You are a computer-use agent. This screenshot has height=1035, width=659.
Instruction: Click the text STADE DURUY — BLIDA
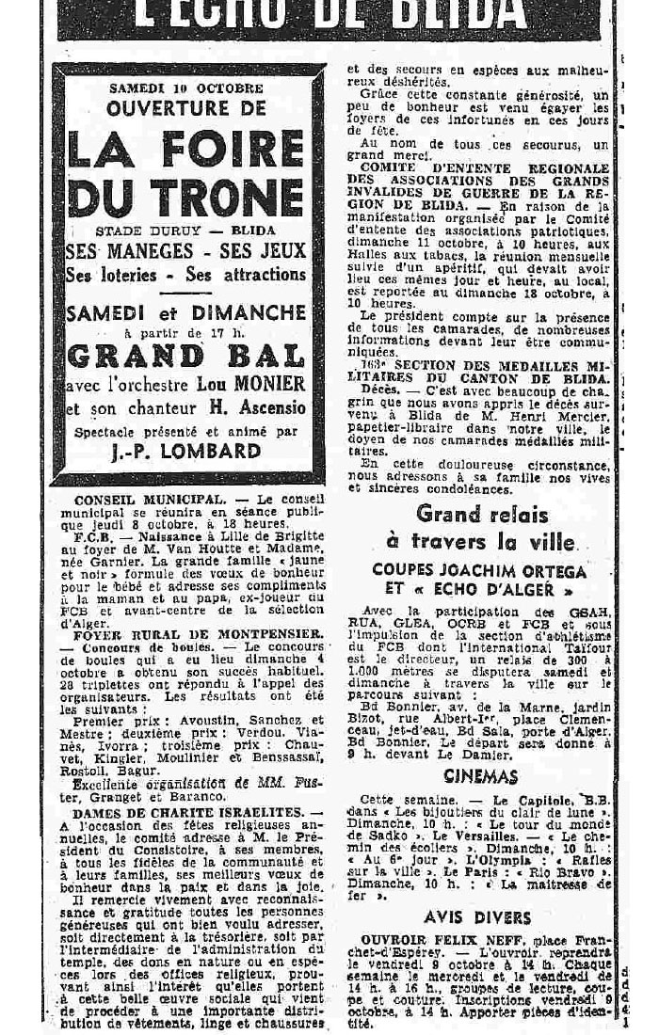[186, 231]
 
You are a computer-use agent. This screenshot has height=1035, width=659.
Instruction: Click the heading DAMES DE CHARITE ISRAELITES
[185, 811]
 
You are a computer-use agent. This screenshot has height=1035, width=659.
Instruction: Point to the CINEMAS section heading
[481, 776]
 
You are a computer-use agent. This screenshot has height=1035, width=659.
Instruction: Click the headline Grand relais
[480, 514]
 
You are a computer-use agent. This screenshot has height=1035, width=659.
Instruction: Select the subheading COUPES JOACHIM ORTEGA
[479, 570]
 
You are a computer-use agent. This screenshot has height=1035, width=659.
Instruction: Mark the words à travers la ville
[480, 542]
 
